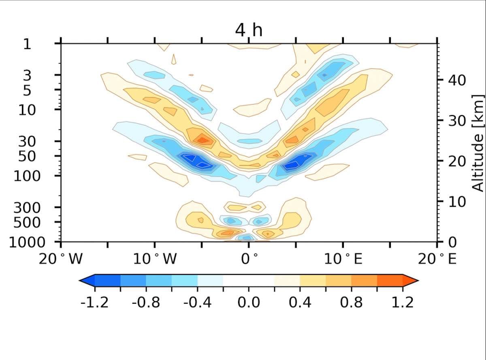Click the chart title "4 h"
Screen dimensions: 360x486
(x=249, y=31)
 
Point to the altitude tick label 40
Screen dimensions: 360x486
(x=455, y=79)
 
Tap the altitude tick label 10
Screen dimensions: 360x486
(x=455, y=201)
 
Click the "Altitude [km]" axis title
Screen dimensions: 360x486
(x=478, y=142)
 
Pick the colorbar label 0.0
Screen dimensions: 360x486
(x=248, y=302)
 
